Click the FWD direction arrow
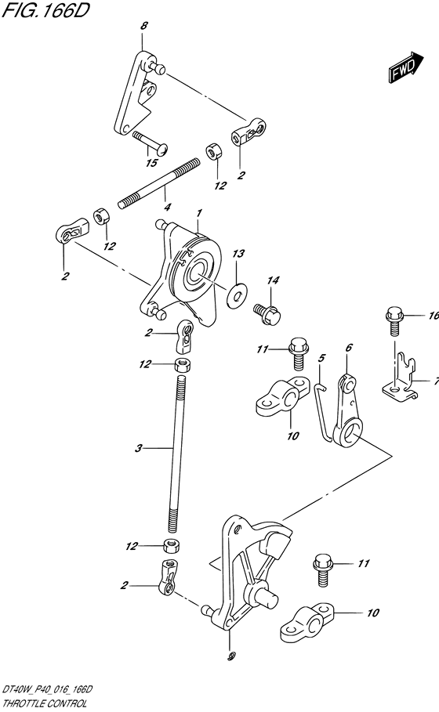pyautogui.click(x=405, y=67)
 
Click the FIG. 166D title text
pyautogui.click(x=46, y=10)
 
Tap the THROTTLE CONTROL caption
pyautogui.click(x=45, y=704)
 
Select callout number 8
pyautogui.click(x=144, y=26)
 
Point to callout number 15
pyautogui.click(x=152, y=163)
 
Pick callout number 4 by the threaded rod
pyautogui.click(x=168, y=207)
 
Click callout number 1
pyautogui.click(x=199, y=213)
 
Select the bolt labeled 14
pyautogui.click(x=267, y=313)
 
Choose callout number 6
pyautogui.click(x=349, y=348)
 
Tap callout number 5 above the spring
pyautogui.click(x=321, y=358)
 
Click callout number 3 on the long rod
pyautogui.click(x=139, y=448)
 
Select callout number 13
pyautogui.click(x=238, y=254)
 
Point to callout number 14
pyautogui.click(x=273, y=280)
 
